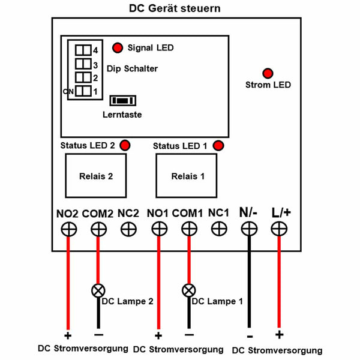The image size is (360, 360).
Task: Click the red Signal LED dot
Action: [118, 48]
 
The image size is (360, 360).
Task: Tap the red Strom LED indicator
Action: [268, 73]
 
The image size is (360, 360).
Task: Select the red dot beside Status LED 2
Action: [125, 145]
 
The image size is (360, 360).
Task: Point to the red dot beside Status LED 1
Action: [218, 146]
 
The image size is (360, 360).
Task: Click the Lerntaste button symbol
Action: [123, 101]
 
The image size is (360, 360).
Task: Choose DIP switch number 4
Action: [83, 50]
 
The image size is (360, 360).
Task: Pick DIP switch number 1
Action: [83, 91]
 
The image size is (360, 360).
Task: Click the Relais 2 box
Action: [96, 176]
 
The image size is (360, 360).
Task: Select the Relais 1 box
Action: [186, 176]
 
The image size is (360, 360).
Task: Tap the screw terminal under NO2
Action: [69, 229]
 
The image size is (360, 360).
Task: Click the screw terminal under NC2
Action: [128, 229]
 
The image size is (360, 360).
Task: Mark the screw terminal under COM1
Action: [189, 229]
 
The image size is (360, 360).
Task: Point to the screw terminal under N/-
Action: [250, 229]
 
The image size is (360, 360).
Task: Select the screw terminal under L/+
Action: [279, 229]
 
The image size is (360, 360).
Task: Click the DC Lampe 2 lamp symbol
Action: [98, 290]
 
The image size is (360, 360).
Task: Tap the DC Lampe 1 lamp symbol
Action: [189, 290]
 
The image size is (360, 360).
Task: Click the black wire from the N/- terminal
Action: [250, 282]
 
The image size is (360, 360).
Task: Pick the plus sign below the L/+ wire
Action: [280, 335]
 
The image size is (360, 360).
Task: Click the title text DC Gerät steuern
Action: [175, 8]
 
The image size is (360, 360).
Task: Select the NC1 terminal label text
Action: [218, 213]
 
